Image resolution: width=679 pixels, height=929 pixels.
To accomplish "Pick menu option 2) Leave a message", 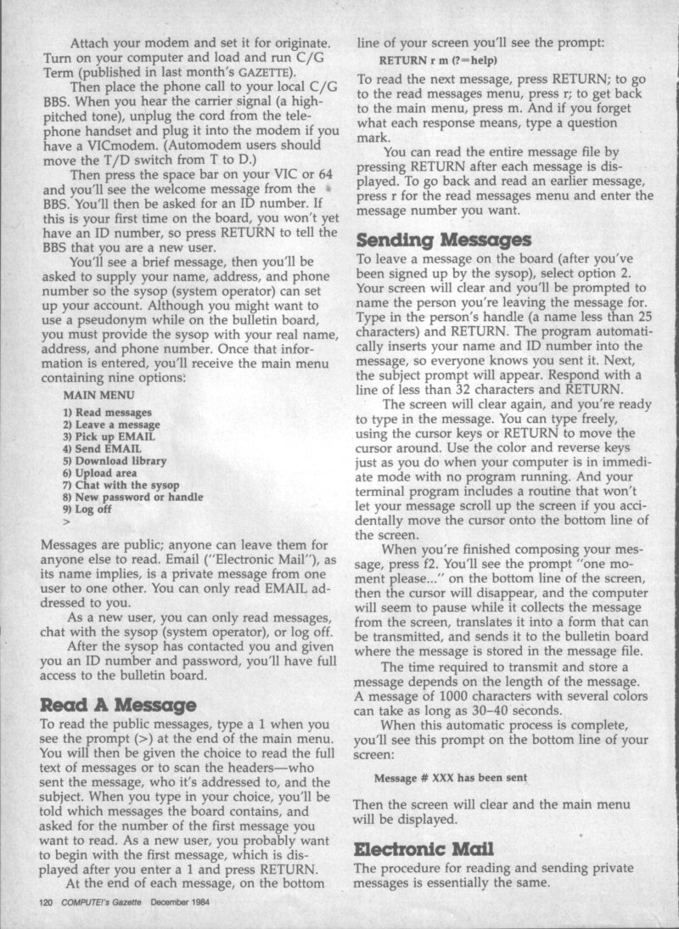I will tap(111, 424).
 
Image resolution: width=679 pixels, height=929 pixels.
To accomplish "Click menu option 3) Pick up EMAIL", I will tap(109, 436).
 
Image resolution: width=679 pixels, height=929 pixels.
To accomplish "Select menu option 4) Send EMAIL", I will tap(102, 448).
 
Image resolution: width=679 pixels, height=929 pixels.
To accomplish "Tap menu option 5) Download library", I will tap(116, 459).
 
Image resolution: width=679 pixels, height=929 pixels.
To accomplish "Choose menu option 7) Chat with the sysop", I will tap(121, 484).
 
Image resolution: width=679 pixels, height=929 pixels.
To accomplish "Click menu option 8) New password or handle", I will tap(132, 496).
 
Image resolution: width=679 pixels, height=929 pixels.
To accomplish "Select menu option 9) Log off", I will tap(89, 508).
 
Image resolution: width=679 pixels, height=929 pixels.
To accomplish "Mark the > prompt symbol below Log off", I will tap(66, 520).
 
